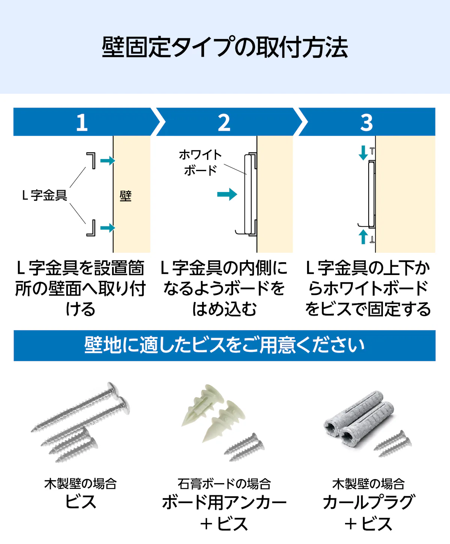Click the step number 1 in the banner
click(82, 122)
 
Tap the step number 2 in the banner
click(224, 122)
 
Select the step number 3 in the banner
click(367, 122)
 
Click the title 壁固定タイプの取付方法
click(225, 47)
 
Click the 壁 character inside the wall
click(126, 196)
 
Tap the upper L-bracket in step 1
click(91, 160)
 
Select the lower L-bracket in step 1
click(91, 228)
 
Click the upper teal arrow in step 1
click(108, 161)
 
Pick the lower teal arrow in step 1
click(108, 228)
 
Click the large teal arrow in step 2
click(227, 194)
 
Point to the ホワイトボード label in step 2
click(200, 162)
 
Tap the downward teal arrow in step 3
click(363, 153)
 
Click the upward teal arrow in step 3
click(363, 237)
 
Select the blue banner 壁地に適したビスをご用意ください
click(225, 346)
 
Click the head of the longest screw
click(113, 390)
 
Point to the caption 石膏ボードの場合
click(224, 484)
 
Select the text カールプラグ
click(368, 502)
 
